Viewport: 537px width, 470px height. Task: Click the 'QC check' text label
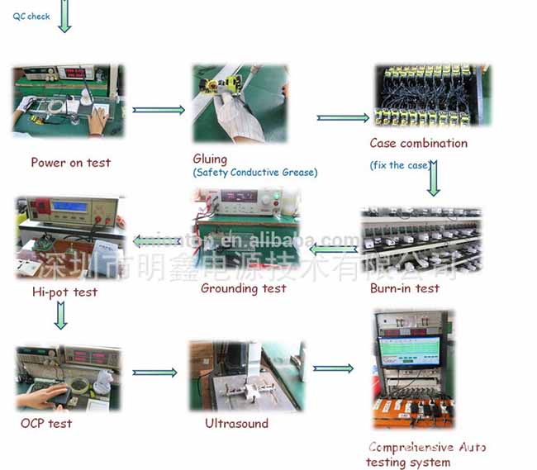point(31,17)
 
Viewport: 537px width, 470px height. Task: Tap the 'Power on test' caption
point(70,163)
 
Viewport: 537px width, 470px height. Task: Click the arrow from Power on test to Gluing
point(159,110)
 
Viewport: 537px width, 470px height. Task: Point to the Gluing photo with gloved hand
point(240,103)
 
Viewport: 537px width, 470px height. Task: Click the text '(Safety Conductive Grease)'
point(255,173)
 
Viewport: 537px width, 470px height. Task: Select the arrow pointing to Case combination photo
point(343,117)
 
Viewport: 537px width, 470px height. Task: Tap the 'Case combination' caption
point(418,144)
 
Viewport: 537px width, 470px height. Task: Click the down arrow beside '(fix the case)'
point(433,176)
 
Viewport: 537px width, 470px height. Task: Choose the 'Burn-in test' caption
point(404,288)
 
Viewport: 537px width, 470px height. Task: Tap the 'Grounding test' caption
point(244,288)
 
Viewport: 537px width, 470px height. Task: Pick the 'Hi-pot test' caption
point(64,292)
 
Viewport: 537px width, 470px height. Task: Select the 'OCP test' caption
point(46,423)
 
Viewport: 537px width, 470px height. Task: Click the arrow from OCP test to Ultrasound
point(154,373)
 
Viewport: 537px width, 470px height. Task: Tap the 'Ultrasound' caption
point(236,423)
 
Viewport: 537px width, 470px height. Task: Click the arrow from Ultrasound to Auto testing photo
point(333,368)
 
